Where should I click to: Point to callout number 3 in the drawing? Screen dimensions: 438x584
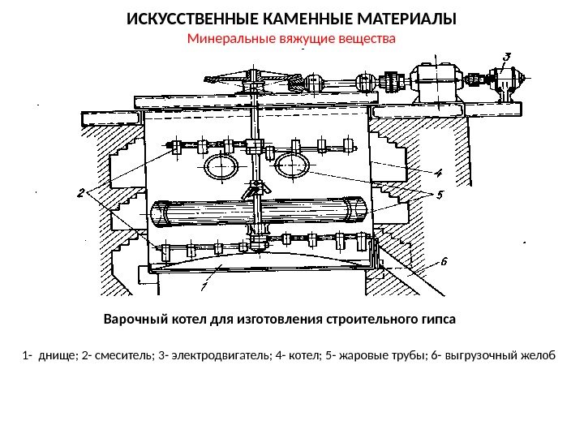(x=507, y=57)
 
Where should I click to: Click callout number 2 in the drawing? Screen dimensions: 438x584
(x=81, y=193)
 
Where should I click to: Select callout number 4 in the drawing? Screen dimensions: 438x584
(x=438, y=173)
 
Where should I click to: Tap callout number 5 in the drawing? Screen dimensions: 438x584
(x=440, y=195)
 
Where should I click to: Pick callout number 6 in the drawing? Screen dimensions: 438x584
(x=444, y=262)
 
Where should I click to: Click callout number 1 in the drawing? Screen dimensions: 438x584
(x=204, y=285)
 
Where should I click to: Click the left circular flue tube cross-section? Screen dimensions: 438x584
(x=221, y=167)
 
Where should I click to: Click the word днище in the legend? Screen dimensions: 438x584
(x=55, y=355)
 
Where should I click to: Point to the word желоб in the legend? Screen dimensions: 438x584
(x=539, y=355)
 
